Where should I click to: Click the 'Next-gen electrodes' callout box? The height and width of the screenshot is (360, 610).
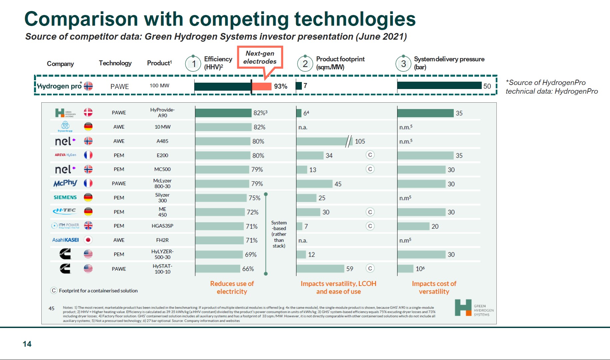[260, 57]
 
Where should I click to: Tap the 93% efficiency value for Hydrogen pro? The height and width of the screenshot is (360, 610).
[281, 86]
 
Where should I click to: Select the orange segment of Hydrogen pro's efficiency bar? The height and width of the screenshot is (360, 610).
[262, 86]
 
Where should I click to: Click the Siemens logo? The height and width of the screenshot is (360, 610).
[65, 197]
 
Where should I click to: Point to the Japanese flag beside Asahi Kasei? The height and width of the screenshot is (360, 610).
[88, 240]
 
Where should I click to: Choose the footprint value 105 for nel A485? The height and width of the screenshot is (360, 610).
[360, 141]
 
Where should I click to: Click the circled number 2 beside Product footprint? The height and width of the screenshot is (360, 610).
[305, 63]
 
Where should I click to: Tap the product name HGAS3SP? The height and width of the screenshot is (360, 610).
[162, 226]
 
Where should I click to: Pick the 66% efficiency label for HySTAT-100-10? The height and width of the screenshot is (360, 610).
[248, 269]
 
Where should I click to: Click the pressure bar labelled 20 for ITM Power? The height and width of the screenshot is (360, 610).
[413, 226]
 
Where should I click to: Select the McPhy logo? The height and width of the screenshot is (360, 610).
[65, 183]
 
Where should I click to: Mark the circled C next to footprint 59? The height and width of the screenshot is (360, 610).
[370, 268]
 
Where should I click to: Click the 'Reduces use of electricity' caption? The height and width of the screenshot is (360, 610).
[232, 287]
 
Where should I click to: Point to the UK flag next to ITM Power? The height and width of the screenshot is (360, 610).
[88, 226]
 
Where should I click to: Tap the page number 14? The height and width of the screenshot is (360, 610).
[27, 344]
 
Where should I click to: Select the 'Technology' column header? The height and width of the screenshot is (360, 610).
[115, 63]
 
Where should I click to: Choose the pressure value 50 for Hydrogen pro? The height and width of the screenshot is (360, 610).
[487, 86]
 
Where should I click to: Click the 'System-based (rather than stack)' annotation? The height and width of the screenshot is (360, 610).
[279, 234]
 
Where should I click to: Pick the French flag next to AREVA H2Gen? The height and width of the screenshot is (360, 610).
[88, 155]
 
